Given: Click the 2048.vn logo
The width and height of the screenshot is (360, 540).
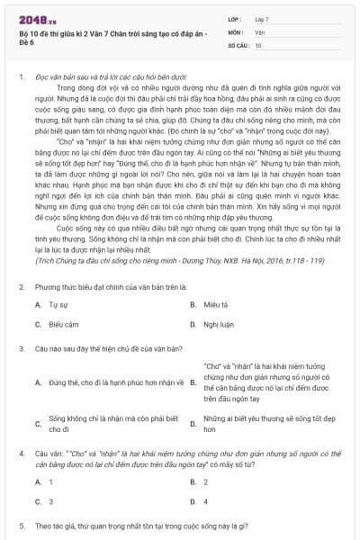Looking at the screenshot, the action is (x=34, y=19).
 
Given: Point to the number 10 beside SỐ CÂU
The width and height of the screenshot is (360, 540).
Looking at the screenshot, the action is (x=259, y=44).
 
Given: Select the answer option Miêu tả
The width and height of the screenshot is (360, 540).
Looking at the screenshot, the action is (x=214, y=304).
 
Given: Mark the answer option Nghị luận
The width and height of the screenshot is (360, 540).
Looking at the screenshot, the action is (x=216, y=323).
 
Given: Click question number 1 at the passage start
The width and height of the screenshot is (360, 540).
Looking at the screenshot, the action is (x=21, y=78).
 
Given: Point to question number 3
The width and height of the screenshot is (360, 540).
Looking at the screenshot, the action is (x=21, y=346).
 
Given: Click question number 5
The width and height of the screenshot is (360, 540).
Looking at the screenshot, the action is (x=21, y=524).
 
